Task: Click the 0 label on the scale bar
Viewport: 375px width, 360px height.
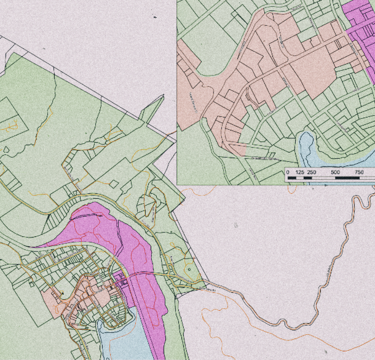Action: click(x=288, y=172)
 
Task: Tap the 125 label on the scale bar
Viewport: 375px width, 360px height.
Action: click(x=300, y=172)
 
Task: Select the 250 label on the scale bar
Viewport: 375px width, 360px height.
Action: click(x=312, y=172)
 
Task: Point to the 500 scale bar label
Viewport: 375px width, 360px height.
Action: click(x=336, y=172)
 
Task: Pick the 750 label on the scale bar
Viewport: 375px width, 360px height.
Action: click(x=360, y=172)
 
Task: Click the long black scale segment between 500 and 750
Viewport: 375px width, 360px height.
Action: click(x=347, y=178)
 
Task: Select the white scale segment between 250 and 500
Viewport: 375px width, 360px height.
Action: click(x=323, y=178)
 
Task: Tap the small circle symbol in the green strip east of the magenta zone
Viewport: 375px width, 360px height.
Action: click(x=189, y=268)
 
